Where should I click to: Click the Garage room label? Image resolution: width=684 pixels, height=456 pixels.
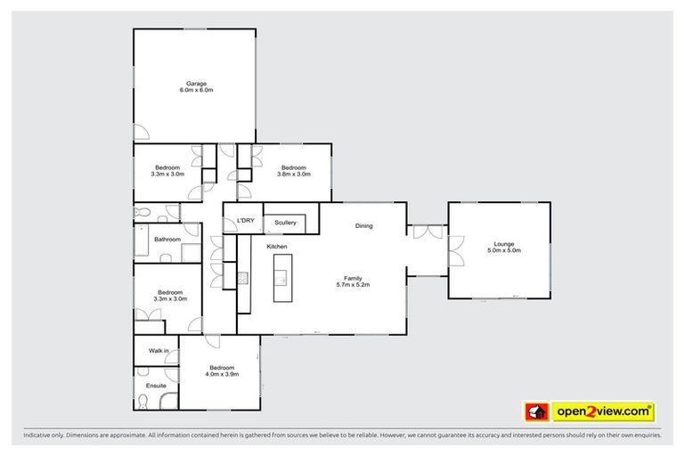coord(196,84)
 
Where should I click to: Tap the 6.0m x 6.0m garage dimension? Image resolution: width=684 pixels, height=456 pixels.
coord(196,91)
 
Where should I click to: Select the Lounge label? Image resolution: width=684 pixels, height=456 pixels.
coord(504,244)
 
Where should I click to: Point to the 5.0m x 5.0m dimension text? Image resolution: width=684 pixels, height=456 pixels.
coord(504,251)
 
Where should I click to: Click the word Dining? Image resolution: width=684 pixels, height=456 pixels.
coord(363,226)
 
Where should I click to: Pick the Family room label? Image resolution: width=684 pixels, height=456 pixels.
coord(354,277)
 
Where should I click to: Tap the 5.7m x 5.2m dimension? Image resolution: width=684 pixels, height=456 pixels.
coord(354,284)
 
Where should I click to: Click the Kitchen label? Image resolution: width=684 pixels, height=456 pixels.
coord(276,246)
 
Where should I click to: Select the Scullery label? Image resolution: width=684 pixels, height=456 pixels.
coord(285,222)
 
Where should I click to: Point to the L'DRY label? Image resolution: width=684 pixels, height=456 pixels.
coord(246,220)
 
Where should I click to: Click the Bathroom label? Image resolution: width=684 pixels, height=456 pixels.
coord(167,240)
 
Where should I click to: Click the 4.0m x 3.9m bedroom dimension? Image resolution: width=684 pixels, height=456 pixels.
coord(222,375)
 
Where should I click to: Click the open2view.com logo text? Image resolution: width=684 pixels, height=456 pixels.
coord(602,411)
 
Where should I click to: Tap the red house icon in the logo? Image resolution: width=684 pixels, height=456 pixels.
coord(535,411)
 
